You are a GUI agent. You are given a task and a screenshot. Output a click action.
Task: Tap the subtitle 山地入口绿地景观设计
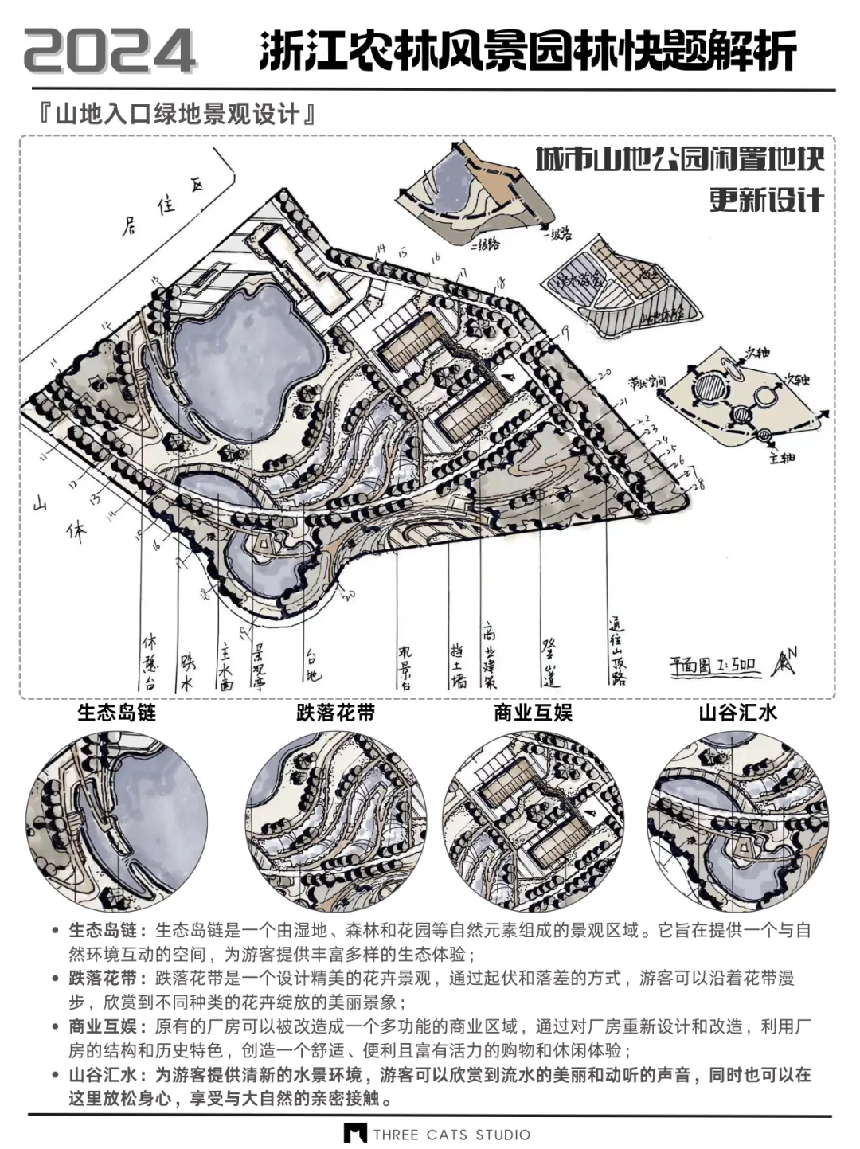point(177,115)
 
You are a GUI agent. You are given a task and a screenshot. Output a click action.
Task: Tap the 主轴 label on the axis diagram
point(782,458)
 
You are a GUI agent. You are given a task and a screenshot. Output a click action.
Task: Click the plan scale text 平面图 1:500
point(713,665)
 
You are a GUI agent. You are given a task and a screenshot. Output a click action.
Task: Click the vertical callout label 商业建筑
point(489,655)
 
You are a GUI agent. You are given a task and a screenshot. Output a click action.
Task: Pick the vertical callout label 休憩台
point(149,661)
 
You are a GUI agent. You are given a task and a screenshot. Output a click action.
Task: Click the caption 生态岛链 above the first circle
point(116,712)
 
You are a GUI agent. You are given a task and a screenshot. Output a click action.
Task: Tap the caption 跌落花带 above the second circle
point(335,712)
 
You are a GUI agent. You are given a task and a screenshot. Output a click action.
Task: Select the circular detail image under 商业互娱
point(533,820)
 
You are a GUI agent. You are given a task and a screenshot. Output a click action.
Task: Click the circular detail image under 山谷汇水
point(737,820)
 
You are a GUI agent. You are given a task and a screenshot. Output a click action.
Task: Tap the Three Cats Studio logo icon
point(355,1133)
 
